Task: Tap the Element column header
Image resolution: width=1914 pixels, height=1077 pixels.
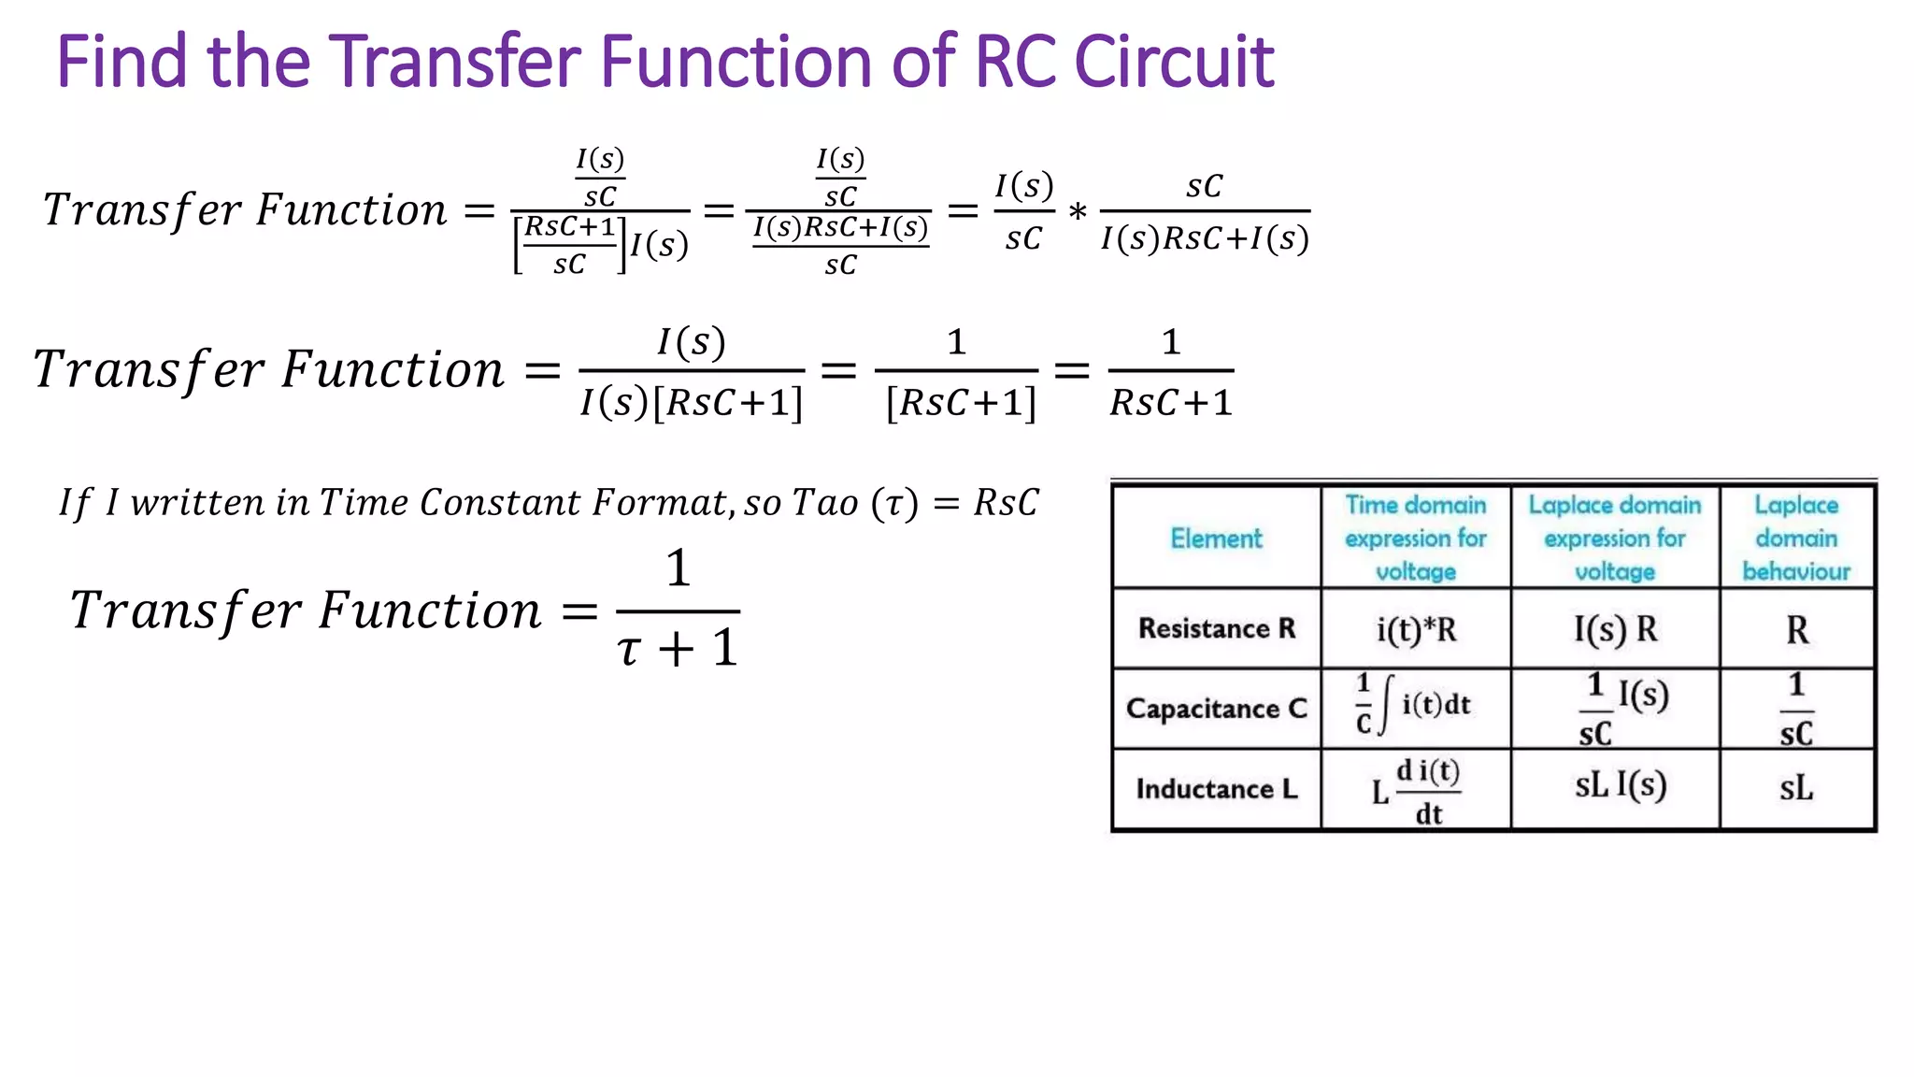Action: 1216,538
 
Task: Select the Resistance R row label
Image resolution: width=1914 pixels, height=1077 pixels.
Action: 1217,628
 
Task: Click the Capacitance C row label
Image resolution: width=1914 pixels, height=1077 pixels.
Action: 1217,709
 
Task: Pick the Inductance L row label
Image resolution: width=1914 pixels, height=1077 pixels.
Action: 1217,789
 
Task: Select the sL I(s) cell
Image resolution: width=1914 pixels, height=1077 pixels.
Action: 1620,785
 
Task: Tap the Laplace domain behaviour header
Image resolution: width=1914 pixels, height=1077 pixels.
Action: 1795,538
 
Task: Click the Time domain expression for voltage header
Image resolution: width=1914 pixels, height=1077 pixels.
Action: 1415,538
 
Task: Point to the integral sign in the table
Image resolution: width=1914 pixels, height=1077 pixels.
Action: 1384,706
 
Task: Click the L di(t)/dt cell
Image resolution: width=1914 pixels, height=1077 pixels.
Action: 1416,791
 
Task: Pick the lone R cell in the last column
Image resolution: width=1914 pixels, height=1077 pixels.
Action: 1796,630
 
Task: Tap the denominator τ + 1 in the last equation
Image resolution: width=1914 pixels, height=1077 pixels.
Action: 678,648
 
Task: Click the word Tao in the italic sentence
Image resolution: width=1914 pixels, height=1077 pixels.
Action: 825,503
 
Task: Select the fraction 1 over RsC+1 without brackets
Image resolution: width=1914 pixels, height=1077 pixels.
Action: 1170,372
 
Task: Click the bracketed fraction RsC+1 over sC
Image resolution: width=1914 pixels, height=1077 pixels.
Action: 569,245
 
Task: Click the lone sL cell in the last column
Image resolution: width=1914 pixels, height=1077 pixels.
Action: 1795,788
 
